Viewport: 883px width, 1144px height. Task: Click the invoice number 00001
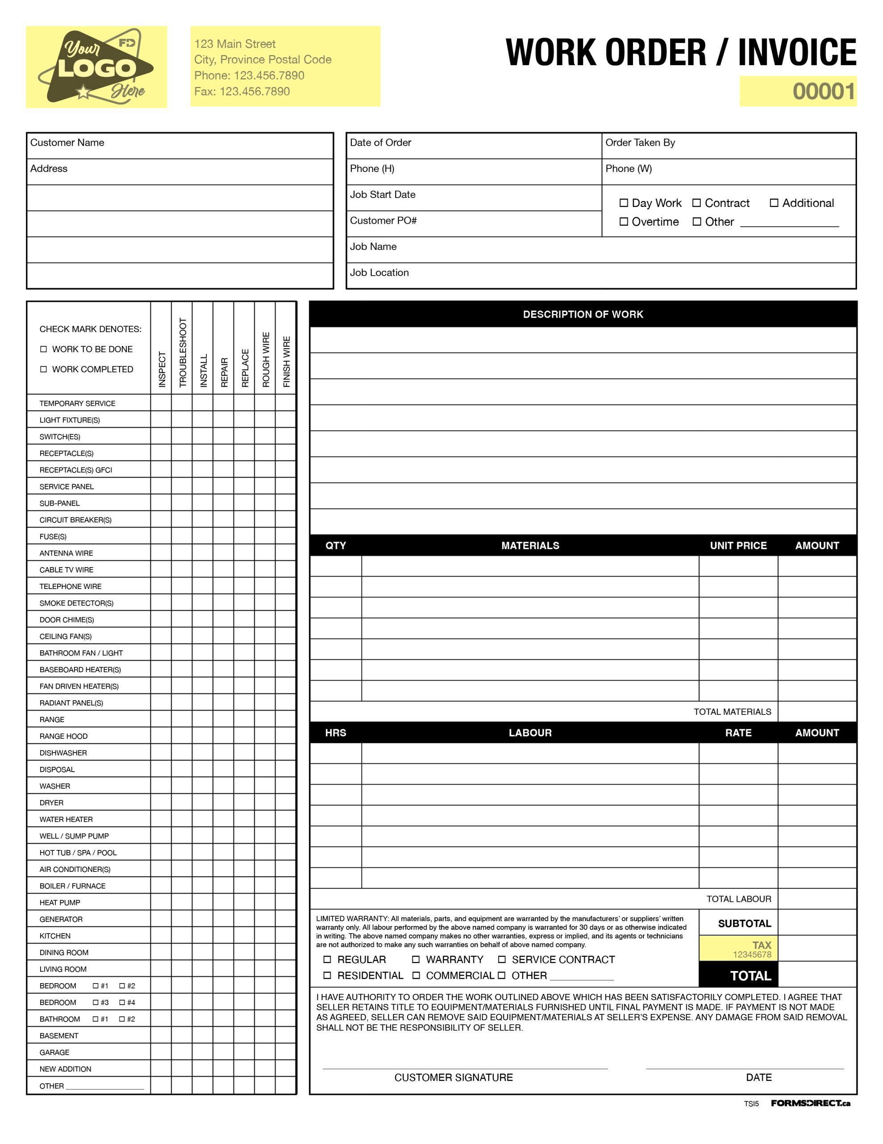823,91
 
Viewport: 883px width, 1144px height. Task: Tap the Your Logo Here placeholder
96,67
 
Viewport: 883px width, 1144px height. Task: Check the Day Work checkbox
623,203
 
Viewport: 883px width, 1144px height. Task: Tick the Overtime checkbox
623,222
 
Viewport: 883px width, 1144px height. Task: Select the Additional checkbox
774,203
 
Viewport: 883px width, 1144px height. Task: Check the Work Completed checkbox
43,369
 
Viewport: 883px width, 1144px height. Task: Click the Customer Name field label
67,143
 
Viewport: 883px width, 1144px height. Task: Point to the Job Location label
379,273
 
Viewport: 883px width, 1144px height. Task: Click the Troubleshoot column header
182,353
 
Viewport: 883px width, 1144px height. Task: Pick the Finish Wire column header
286,362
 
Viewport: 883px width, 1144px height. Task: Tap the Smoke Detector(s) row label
76,603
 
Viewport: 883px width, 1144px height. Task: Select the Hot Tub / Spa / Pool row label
78,853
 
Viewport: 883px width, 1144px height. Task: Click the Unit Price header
738,545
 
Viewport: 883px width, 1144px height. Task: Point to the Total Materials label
732,711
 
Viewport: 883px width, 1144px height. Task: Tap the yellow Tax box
738,948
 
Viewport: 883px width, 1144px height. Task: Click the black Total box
738,976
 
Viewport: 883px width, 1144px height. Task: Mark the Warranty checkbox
416,959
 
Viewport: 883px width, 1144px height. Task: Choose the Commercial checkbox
416,976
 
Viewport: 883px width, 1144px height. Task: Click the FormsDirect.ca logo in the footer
810,1103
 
